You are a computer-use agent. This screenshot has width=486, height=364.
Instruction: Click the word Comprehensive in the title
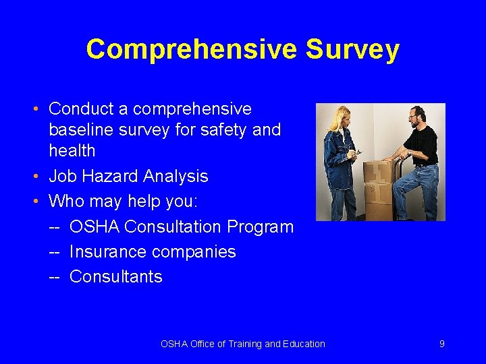(x=190, y=50)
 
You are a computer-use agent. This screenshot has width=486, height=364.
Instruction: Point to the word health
(x=72, y=150)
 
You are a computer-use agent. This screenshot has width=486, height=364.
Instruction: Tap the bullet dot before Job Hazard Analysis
(x=40, y=177)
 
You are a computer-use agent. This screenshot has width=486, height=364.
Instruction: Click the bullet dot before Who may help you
(x=40, y=202)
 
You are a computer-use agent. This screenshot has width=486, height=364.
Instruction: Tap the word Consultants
(x=116, y=276)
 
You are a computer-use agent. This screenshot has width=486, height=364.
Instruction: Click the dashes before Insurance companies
(x=55, y=252)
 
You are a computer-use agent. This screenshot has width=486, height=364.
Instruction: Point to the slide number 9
(x=441, y=344)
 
